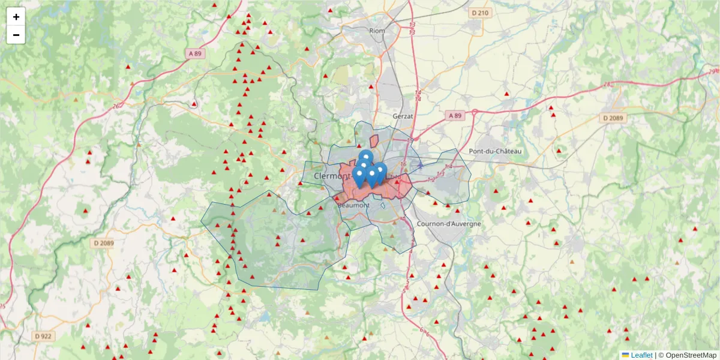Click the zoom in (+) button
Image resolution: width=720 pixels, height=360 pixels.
tap(16, 17)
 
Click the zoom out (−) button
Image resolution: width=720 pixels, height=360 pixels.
tap(16, 35)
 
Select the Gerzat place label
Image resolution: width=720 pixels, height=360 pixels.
tap(403, 115)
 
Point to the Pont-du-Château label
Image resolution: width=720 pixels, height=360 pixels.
tap(496, 151)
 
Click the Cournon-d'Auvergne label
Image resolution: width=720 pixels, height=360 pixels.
tap(448, 224)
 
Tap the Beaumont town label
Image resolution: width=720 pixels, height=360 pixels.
tap(354, 205)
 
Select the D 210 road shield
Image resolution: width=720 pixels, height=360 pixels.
tap(481, 13)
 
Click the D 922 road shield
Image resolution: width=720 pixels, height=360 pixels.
tap(43, 336)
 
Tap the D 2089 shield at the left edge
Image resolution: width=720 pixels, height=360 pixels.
tap(103, 243)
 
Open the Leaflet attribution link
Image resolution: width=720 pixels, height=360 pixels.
tap(641, 355)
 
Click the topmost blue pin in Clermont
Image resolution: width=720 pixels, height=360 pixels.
tap(366, 157)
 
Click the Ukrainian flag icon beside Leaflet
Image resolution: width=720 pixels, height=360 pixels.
tap(626, 355)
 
